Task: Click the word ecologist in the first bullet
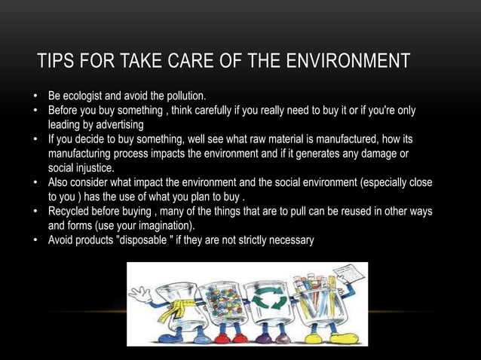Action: click(x=86, y=98)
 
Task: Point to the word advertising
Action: click(x=113, y=125)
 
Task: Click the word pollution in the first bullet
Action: click(x=182, y=98)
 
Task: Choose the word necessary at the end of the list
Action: click(x=292, y=239)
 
